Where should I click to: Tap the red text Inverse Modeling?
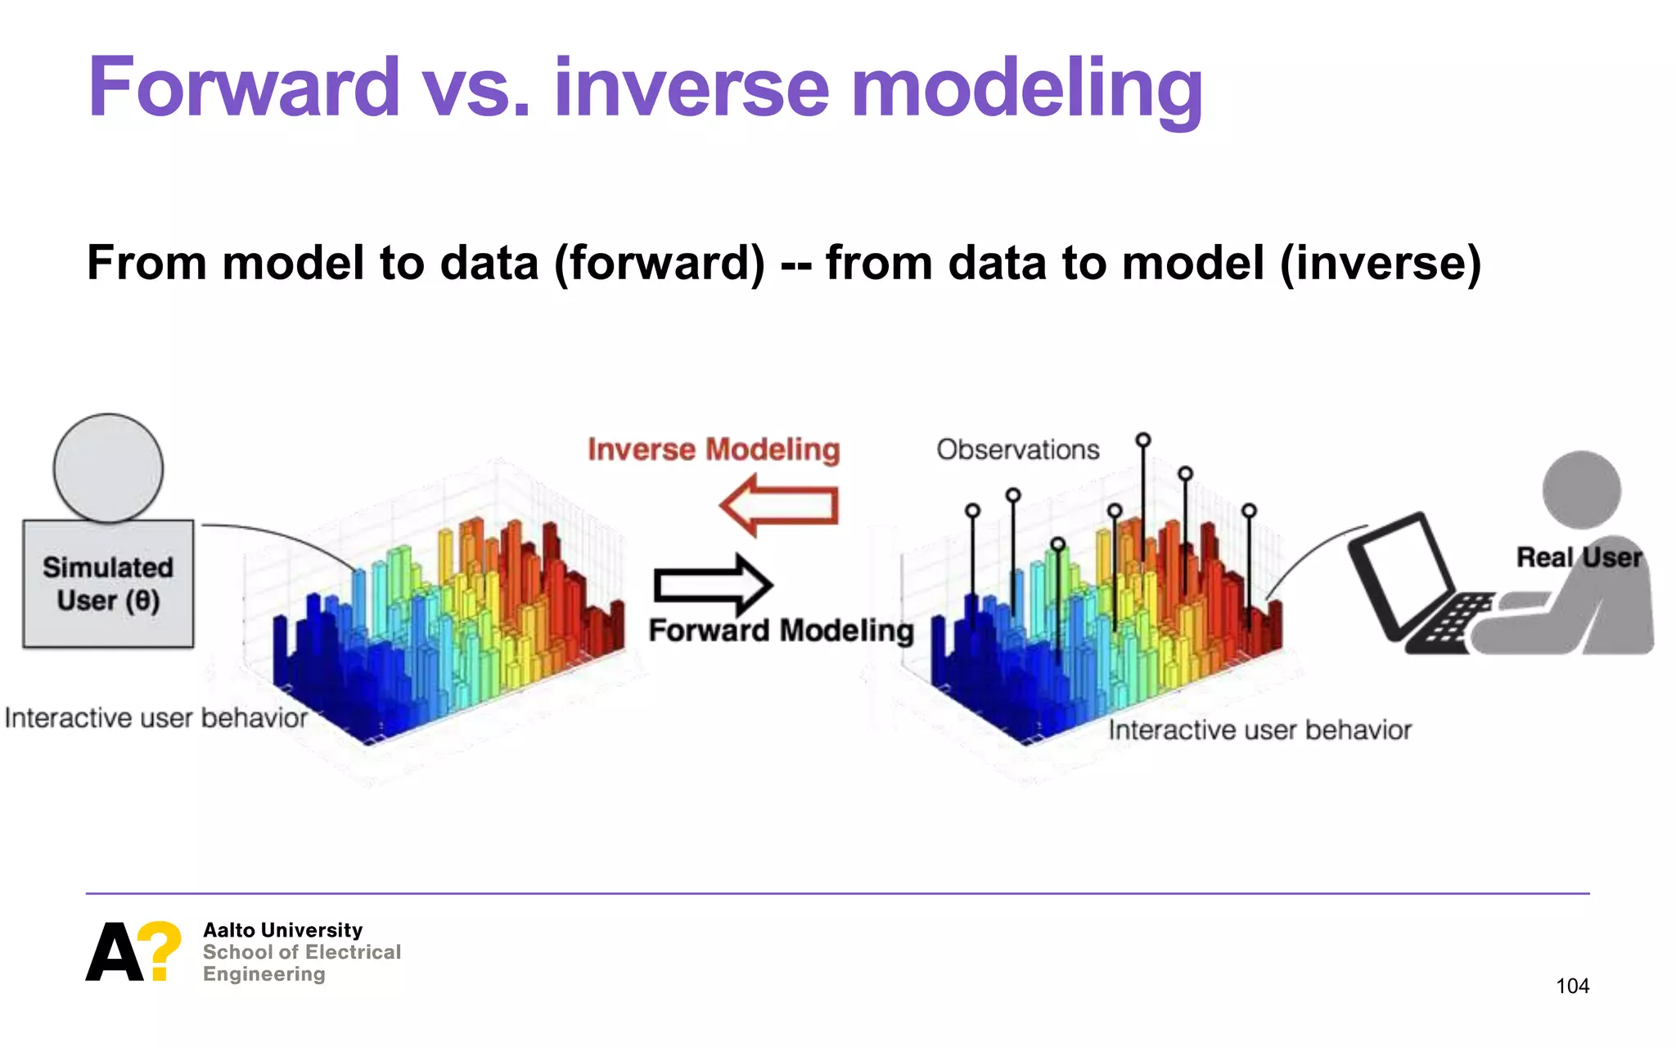pos(714,449)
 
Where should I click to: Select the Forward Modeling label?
pos(781,630)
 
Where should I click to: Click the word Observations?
pos(1017,449)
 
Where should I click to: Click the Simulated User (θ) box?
pos(108,585)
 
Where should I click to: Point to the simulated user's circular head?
pos(108,468)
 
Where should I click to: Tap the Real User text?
pos(1579,558)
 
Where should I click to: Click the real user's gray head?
pos(1581,490)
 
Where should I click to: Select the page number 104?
pos(1572,986)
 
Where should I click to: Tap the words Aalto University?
pos(282,930)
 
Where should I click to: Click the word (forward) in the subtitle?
pos(660,264)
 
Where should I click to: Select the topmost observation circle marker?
pos(1143,440)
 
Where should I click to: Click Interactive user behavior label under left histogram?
pos(155,718)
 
